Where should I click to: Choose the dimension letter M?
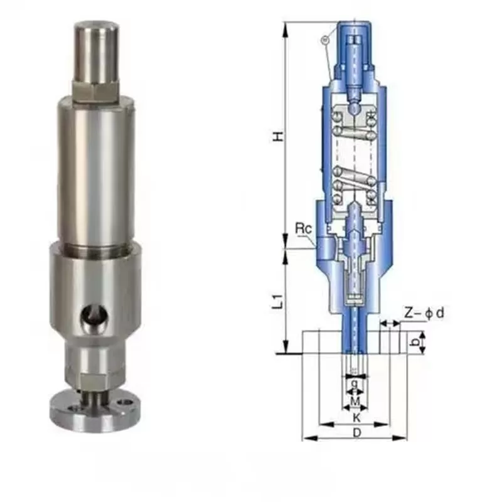[355, 400]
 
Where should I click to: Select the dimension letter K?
[356, 417]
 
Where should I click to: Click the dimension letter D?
[356, 432]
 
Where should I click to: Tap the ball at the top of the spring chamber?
[355, 107]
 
